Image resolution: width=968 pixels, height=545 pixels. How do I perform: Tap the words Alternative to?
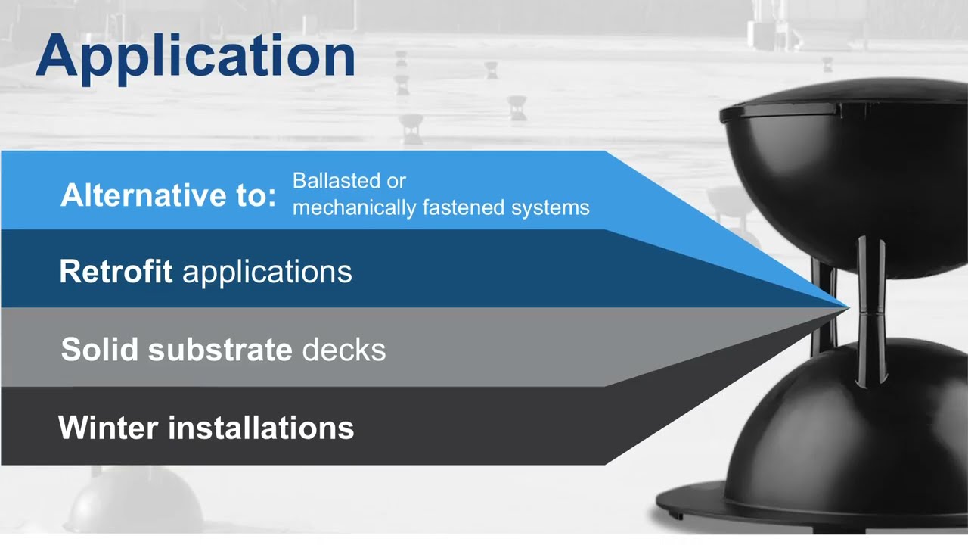click(168, 195)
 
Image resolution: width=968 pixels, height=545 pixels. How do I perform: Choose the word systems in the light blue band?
click(550, 207)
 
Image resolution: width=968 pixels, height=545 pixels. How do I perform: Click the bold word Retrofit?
click(116, 271)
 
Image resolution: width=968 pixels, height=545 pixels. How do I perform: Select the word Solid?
click(101, 350)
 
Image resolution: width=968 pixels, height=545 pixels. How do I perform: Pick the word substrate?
click(220, 350)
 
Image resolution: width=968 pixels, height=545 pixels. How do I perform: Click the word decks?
click(343, 350)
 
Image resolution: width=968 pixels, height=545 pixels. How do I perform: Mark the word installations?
click(260, 428)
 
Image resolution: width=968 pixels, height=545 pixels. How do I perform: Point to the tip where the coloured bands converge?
click(847, 307)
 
